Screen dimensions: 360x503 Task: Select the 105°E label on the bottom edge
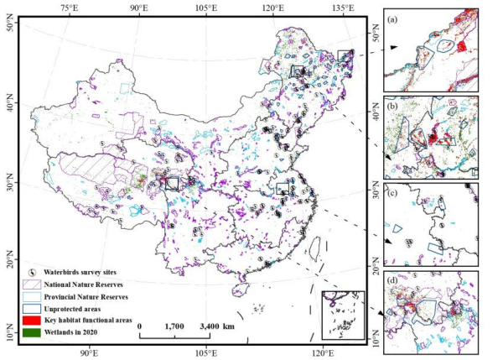click(x=208, y=353)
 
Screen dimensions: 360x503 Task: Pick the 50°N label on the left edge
click(x=10, y=27)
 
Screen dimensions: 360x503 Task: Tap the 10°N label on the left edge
click(x=10, y=337)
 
